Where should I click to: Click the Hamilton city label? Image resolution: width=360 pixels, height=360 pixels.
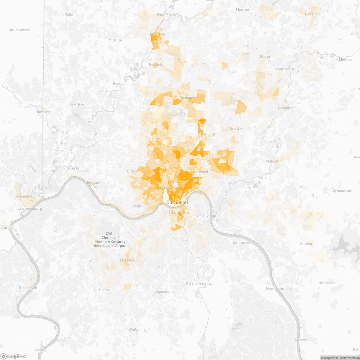[x=156, y=34]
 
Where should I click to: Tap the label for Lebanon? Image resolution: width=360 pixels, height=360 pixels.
[x=312, y=14]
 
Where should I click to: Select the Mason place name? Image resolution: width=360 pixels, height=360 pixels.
[x=265, y=57]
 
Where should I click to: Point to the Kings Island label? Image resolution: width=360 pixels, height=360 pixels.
[x=285, y=69]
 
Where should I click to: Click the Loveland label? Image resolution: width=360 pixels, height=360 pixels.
[x=286, y=108]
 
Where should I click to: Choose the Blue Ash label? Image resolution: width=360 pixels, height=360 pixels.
[x=236, y=129]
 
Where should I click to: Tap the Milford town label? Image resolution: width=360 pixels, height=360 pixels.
[x=272, y=161]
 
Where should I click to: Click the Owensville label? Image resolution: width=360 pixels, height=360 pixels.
[x=342, y=190]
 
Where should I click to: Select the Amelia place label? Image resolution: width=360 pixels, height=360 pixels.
[x=306, y=244]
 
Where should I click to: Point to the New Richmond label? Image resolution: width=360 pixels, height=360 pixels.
[x=279, y=288]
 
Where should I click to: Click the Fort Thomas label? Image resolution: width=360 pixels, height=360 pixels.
[x=205, y=215]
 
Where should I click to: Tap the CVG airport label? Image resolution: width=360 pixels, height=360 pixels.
[x=110, y=240]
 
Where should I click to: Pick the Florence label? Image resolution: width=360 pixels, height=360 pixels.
[x=127, y=260]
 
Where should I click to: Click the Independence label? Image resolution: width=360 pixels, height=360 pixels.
[x=163, y=292]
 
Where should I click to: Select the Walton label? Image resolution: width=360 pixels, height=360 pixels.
[x=134, y=329]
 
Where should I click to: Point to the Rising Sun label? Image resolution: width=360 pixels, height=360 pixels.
[x=28, y=288]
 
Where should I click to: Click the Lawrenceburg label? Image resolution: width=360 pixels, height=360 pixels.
[x=30, y=208]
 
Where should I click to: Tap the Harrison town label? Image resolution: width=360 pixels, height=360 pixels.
[x=43, y=112]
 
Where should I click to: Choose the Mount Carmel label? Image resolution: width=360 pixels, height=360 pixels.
[x=19, y=30]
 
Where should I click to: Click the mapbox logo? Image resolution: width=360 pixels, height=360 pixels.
[x=13, y=356]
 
